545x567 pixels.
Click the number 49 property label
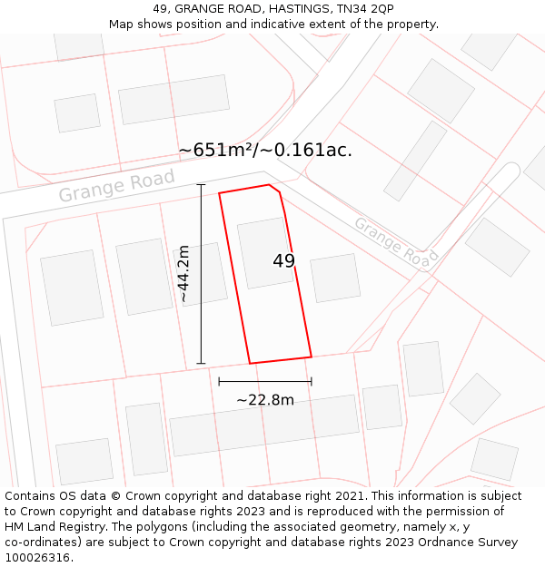283,261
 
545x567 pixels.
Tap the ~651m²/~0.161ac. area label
265,150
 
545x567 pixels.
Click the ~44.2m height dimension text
183,273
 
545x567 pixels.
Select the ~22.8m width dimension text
265,400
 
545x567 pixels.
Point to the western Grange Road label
116,186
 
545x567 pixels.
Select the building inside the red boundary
265,252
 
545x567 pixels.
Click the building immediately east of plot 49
335,278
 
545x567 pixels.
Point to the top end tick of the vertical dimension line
201,185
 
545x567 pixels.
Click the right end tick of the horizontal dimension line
312,381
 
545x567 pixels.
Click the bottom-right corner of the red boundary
312,357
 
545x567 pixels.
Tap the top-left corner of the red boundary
219,193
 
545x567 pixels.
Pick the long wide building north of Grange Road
173,100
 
